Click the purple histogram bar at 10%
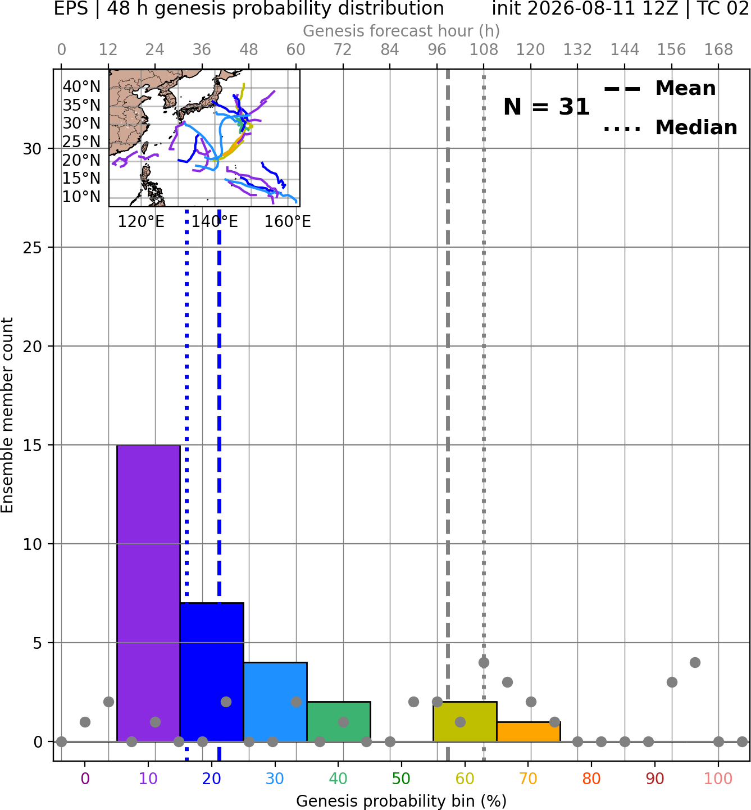click(148, 593)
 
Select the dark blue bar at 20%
click(212, 672)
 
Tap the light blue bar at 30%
click(275, 702)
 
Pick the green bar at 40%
click(339, 721)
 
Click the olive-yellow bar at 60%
click(465, 721)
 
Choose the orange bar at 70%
click(529, 732)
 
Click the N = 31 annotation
click(547, 107)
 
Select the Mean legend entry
click(659, 88)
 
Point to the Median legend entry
click(670, 128)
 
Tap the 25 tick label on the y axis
click(32, 248)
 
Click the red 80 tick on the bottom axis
click(591, 779)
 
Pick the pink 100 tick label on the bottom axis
click(718, 779)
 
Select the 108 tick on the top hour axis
click(484, 50)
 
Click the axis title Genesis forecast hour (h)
click(402, 31)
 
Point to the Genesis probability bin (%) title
click(402, 801)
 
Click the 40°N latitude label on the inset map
click(81, 87)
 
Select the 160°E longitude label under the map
click(288, 222)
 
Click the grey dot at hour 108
click(484, 662)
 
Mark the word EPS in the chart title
click(71, 8)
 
